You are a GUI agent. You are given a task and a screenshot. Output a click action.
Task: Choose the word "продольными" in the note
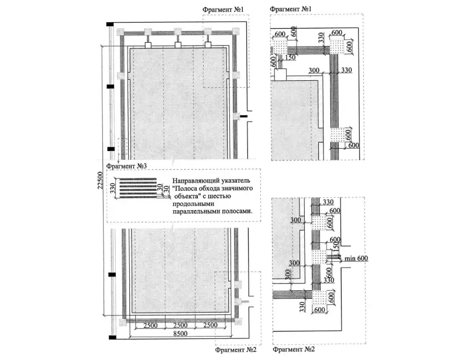tap(195, 203)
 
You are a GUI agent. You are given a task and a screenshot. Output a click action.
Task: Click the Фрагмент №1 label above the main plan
tap(226, 10)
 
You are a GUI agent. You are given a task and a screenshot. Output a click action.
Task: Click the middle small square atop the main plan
tap(177, 44)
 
